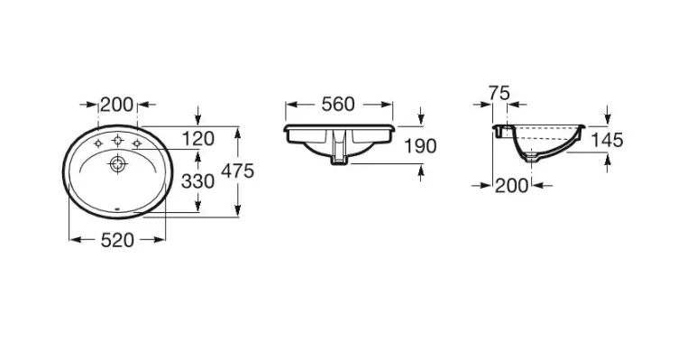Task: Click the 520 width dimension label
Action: point(117,240)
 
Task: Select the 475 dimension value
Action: point(237,171)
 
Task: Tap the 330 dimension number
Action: point(197,181)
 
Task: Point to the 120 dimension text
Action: point(197,139)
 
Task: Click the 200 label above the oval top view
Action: point(116,105)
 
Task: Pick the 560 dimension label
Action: point(338,105)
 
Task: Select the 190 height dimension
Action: point(420,146)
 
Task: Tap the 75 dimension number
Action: point(499,93)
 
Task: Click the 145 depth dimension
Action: point(607,140)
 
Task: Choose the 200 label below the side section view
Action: point(511,186)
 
